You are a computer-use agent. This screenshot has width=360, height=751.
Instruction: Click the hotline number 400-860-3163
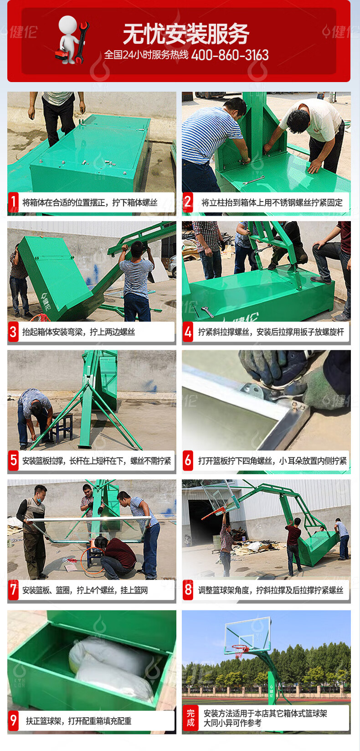click(x=230, y=55)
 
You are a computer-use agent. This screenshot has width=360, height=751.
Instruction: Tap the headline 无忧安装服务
click(x=186, y=34)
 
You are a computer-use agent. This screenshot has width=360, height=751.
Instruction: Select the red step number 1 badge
click(x=13, y=202)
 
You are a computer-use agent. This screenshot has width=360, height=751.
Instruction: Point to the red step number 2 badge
click(x=188, y=202)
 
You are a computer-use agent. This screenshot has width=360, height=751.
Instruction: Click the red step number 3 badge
click(x=13, y=332)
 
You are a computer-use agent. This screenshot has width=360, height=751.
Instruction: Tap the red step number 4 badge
click(x=188, y=332)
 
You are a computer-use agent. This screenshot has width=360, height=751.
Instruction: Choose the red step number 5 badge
click(x=13, y=461)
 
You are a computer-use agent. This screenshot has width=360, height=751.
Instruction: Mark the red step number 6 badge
click(x=188, y=461)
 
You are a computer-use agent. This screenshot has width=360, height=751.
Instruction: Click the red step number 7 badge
click(x=13, y=590)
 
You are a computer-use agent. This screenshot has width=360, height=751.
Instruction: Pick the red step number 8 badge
click(x=188, y=590)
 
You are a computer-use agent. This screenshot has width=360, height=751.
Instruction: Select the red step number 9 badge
click(x=13, y=720)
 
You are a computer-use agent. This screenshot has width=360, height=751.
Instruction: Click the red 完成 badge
click(x=190, y=718)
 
